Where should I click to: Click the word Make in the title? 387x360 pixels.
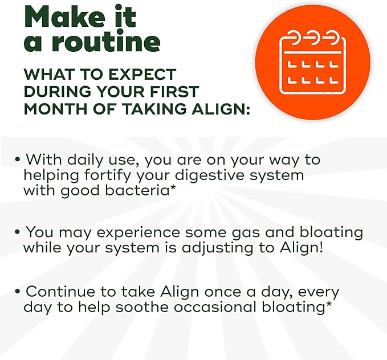tap(65, 17)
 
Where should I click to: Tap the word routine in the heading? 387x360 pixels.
tap(106, 40)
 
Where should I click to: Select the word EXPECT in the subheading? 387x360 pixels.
tap(142, 74)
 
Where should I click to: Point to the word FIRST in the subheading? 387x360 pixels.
tap(174, 91)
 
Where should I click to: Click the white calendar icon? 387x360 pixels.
tap(312, 62)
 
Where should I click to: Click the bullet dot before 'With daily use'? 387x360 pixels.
tap(17, 159)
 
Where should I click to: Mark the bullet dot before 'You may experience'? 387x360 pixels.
tap(17, 232)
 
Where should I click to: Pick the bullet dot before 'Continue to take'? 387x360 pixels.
tap(17, 291)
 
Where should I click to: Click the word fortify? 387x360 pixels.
tap(107, 175)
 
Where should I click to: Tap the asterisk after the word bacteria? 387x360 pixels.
tap(173, 188)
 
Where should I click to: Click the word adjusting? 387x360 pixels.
tap(218, 248)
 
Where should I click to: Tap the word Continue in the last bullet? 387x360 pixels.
tap(60, 291)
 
